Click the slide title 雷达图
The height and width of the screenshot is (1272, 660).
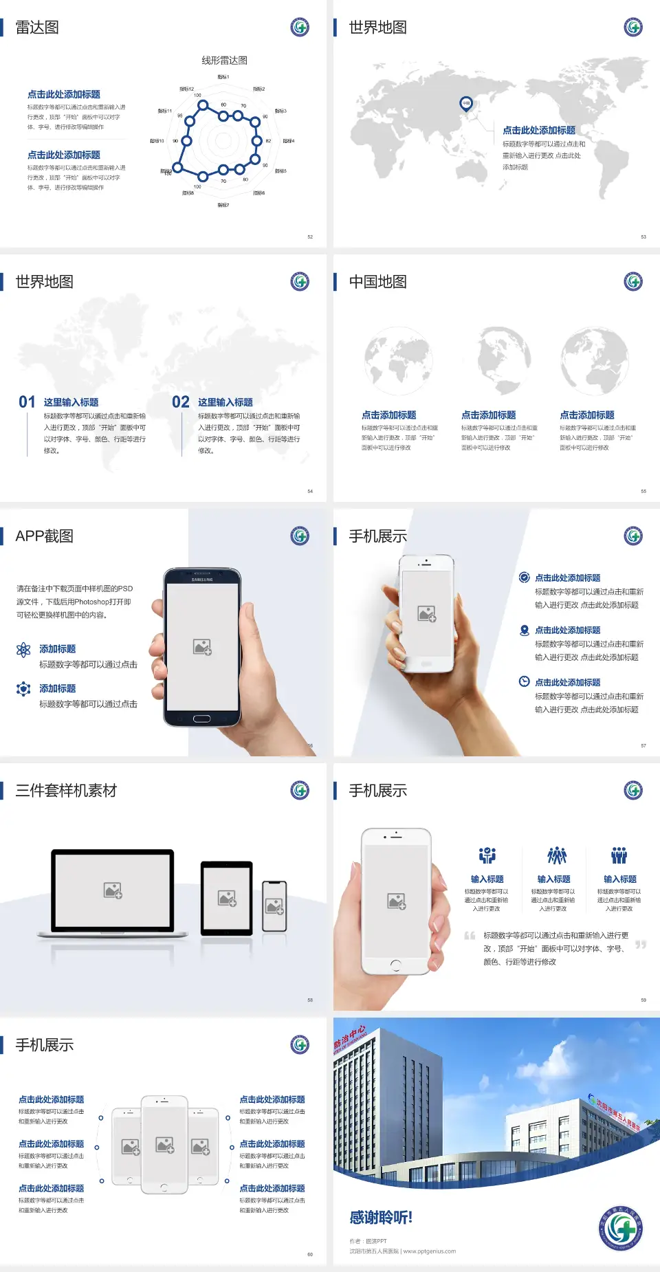37,28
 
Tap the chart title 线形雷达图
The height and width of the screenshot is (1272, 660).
224,61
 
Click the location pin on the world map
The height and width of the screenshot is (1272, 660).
465,103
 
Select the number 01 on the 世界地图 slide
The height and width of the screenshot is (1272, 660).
27,402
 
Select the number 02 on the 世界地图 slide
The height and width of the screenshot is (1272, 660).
181,402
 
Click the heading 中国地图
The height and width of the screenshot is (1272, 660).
377,282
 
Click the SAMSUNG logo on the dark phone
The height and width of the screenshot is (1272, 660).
202,580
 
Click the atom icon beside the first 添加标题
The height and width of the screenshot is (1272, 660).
23,650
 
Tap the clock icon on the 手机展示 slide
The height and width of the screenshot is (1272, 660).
524,681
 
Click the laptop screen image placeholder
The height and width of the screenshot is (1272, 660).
113,890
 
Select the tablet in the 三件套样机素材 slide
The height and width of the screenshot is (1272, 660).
227,897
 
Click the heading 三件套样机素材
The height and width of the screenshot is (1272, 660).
66,791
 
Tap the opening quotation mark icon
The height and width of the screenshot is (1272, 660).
470,935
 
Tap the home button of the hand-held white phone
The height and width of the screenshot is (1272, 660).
395,965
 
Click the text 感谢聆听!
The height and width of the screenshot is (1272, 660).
381,1218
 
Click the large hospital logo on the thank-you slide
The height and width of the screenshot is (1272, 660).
620,1228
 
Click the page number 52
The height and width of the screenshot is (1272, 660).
310,237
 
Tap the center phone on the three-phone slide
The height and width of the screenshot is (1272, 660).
164,1145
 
